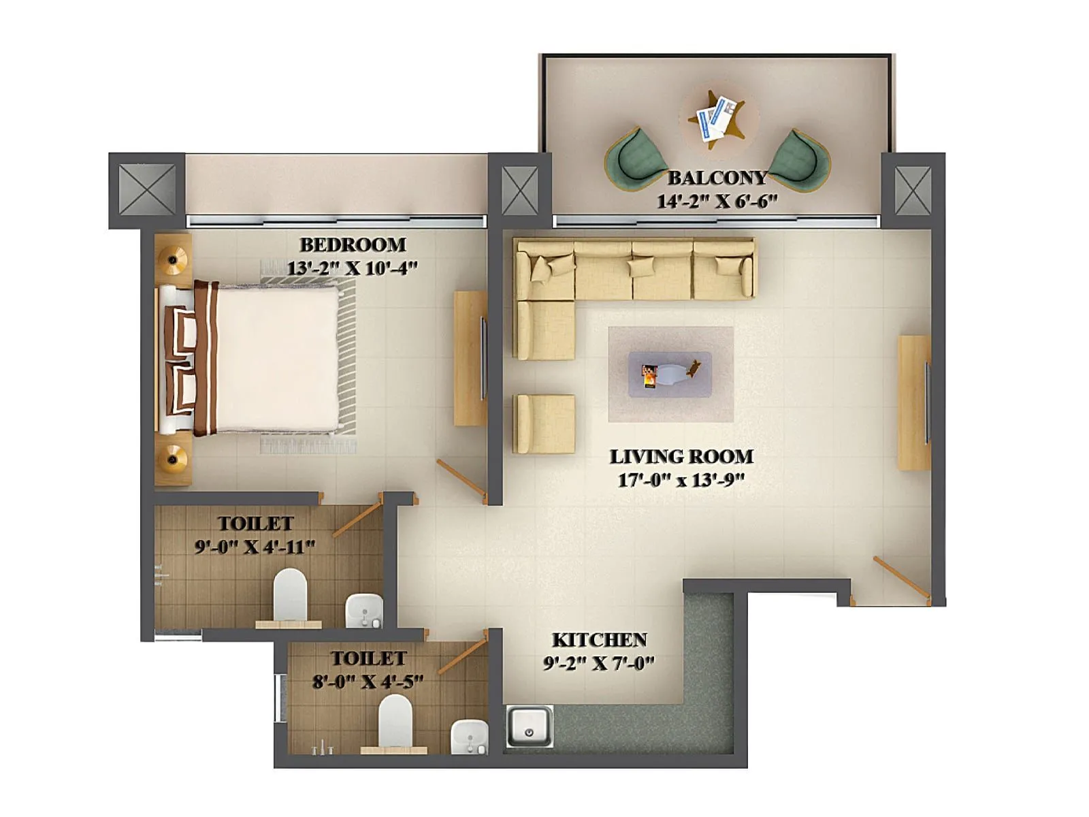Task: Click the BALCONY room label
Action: [717, 178]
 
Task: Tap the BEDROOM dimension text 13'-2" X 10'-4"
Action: [351, 268]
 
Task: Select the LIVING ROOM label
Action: [681, 456]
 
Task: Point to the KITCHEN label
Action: [599, 640]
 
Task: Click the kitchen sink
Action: [529, 726]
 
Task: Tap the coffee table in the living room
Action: [670, 374]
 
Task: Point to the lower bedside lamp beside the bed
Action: [173, 458]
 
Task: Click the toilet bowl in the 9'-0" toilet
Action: [290, 593]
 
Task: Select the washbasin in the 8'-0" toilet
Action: [470, 737]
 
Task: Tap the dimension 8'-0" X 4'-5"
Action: [368, 682]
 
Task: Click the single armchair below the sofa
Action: [544, 423]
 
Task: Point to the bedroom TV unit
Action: [470, 358]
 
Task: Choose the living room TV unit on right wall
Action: [914, 402]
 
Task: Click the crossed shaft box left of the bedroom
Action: [147, 190]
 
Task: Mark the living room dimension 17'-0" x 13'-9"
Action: [681, 480]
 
